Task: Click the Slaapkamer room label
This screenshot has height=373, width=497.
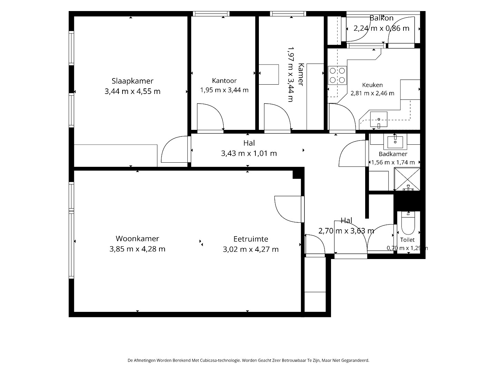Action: [133, 81]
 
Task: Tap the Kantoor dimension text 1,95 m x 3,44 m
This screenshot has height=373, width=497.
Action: [224, 90]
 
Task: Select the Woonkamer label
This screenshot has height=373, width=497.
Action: [137, 238]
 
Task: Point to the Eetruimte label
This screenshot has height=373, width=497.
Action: [251, 239]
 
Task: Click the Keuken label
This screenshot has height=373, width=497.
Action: [372, 85]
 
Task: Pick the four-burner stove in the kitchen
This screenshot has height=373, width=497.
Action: [337, 75]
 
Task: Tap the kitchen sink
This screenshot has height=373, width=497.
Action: [379, 119]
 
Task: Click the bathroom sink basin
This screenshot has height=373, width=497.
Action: [395, 142]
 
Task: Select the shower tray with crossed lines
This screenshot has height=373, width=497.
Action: [407, 179]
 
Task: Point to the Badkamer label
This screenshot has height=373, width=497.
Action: [393, 154]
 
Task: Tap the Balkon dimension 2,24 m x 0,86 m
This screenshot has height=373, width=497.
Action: [381, 28]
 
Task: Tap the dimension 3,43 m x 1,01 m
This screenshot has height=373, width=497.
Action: [249, 154]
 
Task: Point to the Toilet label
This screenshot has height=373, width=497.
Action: [407, 240]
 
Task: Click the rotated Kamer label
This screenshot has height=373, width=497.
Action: [301, 75]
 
